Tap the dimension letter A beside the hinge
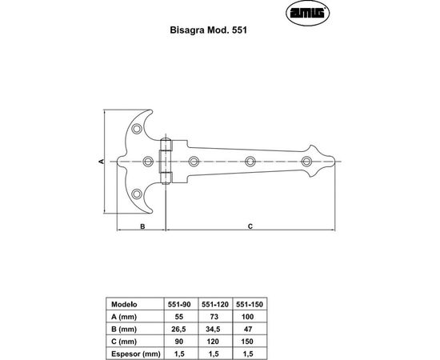pos(102,161)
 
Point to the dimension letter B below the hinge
pos(142,226)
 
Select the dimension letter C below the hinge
pos(250,226)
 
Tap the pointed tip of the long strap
pos(333,162)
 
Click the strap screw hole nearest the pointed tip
pos(306,162)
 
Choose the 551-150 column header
pos(250,304)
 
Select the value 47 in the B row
pos(250,328)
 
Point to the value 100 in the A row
pos(250,316)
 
